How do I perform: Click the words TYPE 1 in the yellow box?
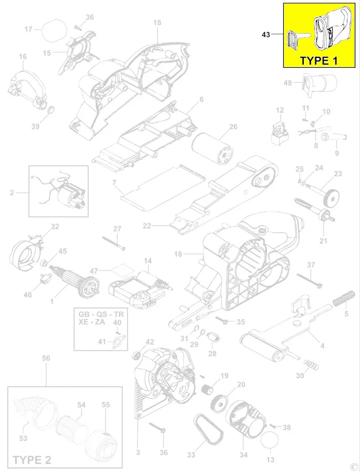point(318,60)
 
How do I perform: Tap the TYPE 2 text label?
point(32,460)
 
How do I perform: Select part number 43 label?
point(266,35)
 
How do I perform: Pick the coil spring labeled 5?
point(342,301)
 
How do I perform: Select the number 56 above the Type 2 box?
point(46,358)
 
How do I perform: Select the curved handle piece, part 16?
point(26,84)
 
